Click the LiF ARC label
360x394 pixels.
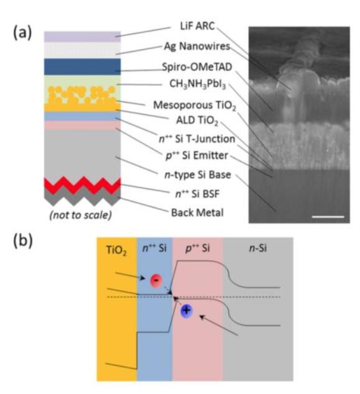click(x=197, y=26)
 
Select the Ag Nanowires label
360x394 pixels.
click(x=197, y=46)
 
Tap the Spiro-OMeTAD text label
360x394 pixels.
click(x=197, y=67)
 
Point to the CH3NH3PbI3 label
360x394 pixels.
click(x=198, y=84)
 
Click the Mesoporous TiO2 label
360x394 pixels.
click(x=195, y=105)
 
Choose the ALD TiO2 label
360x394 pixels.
click(x=197, y=121)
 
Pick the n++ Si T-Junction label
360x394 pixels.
click(x=197, y=139)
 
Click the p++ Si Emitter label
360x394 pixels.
click(x=197, y=155)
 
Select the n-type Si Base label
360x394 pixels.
click(x=198, y=175)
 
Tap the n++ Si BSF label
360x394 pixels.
click(x=197, y=194)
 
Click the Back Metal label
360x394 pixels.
click(x=197, y=213)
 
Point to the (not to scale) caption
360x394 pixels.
click(x=81, y=215)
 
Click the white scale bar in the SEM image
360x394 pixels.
click(x=328, y=217)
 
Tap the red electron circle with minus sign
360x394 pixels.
click(x=156, y=281)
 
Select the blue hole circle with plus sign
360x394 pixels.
click(x=187, y=311)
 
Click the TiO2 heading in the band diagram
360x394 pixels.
click(x=116, y=250)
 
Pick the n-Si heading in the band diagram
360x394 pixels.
click(x=258, y=248)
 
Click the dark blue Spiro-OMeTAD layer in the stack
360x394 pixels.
click(x=83, y=66)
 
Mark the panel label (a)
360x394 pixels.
click(x=22, y=33)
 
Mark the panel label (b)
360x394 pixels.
click(x=23, y=241)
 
